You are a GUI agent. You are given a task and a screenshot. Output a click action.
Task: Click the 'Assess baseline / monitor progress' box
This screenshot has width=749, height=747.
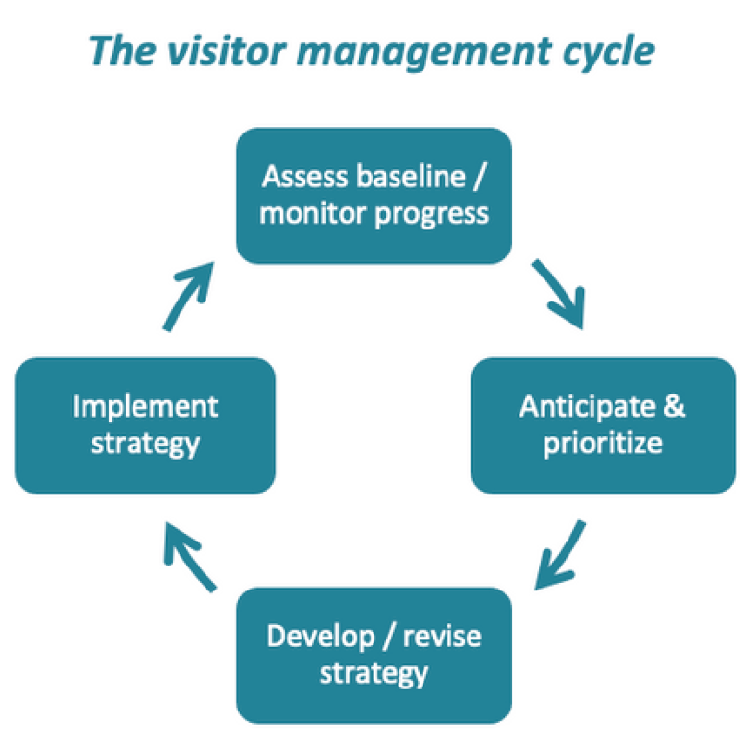(374, 195)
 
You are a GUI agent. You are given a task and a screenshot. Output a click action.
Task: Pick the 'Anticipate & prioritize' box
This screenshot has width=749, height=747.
(602, 425)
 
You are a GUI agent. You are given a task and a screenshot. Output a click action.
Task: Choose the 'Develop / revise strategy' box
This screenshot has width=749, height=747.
(374, 654)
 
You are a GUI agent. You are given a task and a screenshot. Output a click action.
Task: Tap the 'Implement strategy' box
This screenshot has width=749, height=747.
(145, 425)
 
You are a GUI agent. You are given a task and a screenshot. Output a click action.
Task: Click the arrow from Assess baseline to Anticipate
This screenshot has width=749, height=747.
(561, 293)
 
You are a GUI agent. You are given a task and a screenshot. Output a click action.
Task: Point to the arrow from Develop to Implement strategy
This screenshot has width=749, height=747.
(189, 554)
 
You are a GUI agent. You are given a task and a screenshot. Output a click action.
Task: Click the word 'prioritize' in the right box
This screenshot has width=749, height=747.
(602, 445)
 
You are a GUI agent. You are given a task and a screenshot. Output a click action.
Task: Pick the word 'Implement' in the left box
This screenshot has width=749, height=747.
(145, 407)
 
